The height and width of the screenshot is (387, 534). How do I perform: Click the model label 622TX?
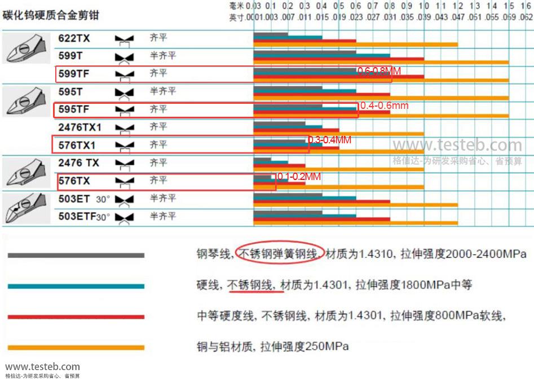[74, 38]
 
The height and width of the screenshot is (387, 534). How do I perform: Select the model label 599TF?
[74, 73]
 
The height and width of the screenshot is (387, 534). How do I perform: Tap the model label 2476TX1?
[80, 127]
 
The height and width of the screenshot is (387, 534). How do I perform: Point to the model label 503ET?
[74, 199]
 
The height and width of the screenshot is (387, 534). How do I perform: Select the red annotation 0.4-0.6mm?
[384, 105]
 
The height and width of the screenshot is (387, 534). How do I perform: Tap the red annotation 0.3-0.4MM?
[329, 139]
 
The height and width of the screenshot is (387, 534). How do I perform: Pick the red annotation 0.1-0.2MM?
[298, 177]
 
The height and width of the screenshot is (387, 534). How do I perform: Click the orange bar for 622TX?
[355, 45]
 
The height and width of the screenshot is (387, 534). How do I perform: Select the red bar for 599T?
[338, 59]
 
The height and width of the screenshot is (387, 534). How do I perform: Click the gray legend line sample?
[76, 256]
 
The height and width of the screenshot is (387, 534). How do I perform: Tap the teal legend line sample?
[76, 286]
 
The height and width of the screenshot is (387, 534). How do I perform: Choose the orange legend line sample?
[76, 348]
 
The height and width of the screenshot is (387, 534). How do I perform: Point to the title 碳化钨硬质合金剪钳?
[51, 15]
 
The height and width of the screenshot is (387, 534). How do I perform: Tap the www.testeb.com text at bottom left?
[42, 367]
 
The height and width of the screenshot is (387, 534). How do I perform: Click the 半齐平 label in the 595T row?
[163, 91]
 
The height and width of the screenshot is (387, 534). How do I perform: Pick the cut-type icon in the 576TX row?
[125, 181]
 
